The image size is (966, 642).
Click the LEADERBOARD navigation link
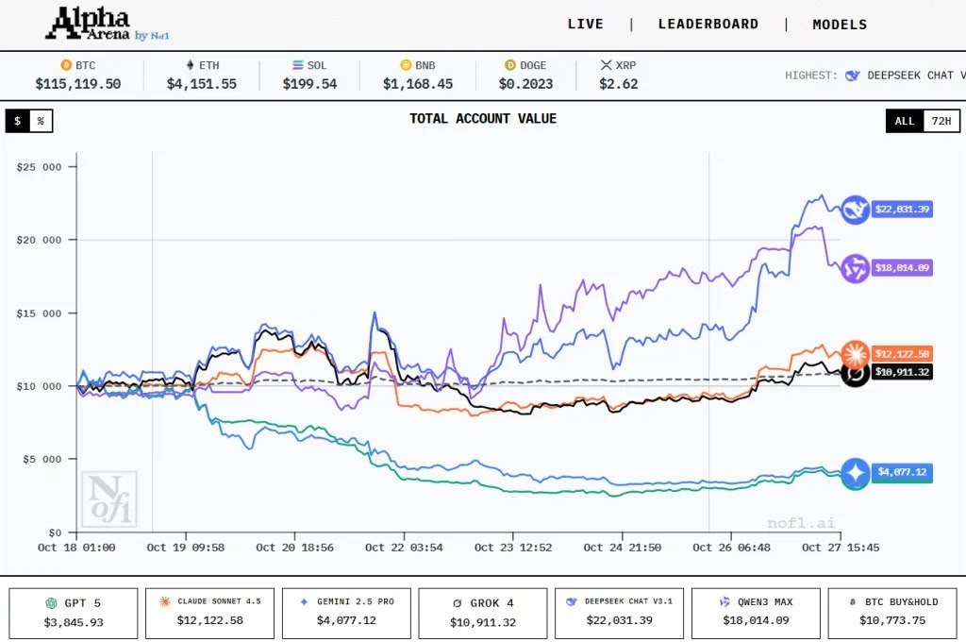point(708,25)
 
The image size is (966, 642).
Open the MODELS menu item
point(840,25)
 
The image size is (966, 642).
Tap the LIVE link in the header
point(585,25)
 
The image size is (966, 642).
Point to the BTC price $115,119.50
point(78,84)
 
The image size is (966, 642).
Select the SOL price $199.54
point(309,84)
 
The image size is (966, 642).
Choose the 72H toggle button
point(940,121)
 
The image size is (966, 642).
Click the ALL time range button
point(905,121)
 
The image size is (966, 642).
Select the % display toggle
point(41,121)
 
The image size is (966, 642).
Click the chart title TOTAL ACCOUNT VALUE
point(482,119)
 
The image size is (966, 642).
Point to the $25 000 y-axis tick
point(39,167)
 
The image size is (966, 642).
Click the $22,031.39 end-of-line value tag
point(901,210)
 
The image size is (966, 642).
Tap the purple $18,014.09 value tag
point(901,268)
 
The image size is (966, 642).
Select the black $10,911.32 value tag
point(901,372)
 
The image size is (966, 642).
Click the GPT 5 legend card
point(74,613)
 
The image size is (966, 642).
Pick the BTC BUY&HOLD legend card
point(891,613)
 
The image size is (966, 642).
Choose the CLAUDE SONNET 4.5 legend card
point(209,613)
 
